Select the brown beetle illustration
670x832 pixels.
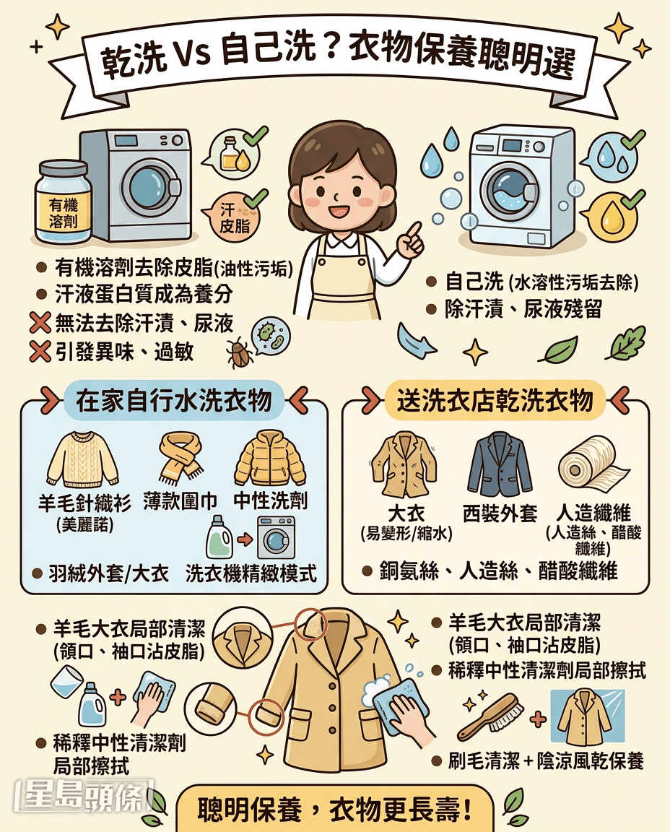point(239,352)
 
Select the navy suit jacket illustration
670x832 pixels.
point(500,466)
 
